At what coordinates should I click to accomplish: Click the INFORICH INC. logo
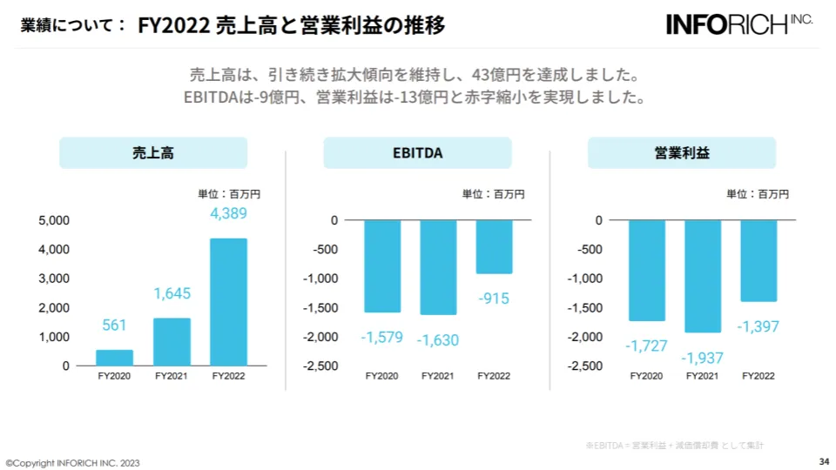[x=739, y=23]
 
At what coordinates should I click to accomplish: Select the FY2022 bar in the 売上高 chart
[x=228, y=301]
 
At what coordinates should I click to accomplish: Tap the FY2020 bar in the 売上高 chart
[x=114, y=358]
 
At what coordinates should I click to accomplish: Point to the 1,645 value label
[x=172, y=294]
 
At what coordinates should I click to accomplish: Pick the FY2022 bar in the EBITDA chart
[x=494, y=246]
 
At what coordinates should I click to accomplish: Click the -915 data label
[x=494, y=298]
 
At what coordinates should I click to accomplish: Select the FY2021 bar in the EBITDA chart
[x=438, y=267]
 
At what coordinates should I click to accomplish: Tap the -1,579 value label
[x=381, y=337]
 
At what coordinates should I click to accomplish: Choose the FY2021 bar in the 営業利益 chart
[x=703, y=276]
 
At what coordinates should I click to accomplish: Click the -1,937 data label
[x=703, y=357]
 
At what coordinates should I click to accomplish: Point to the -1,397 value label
[x=758, y=326]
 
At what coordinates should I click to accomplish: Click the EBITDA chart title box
[x=417, y=153]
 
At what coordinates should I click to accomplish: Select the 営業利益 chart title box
[x=682, y=153]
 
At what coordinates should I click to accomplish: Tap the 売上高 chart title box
[x=153, y=153]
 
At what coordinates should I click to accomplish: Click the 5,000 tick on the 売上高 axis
[x=54, y=221]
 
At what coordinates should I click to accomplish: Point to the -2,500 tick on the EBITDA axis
[x=320, y=366]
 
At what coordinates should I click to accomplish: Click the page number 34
[x=824, y=461]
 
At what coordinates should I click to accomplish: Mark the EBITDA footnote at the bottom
[x=674, y=446]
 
